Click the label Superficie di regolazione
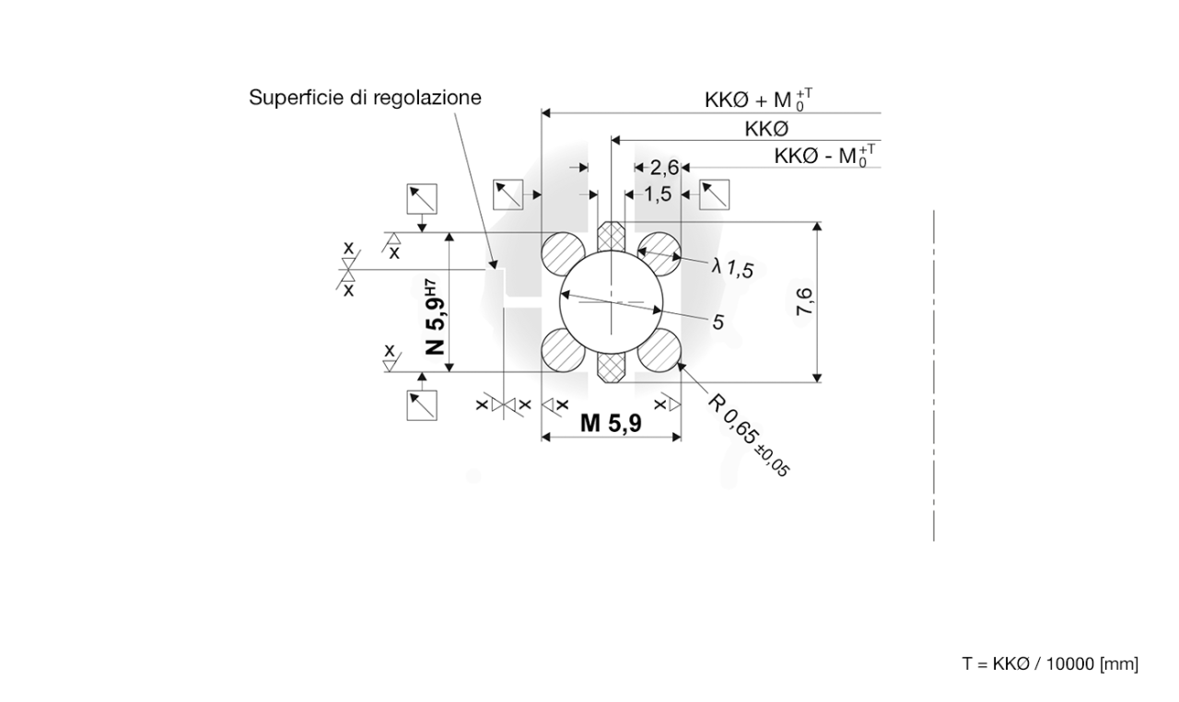point(365,98)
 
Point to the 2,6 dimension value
point(663,167)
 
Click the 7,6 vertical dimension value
point(803,302)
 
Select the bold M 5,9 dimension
point(611,423)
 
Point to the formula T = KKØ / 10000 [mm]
point(1050,663)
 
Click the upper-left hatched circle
point(563,252)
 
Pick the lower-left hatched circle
point(563,350)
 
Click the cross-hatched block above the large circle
point(611,237)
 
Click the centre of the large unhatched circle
point(611,301)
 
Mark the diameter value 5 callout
point(718,322)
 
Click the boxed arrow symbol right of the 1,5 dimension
point(715,194)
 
